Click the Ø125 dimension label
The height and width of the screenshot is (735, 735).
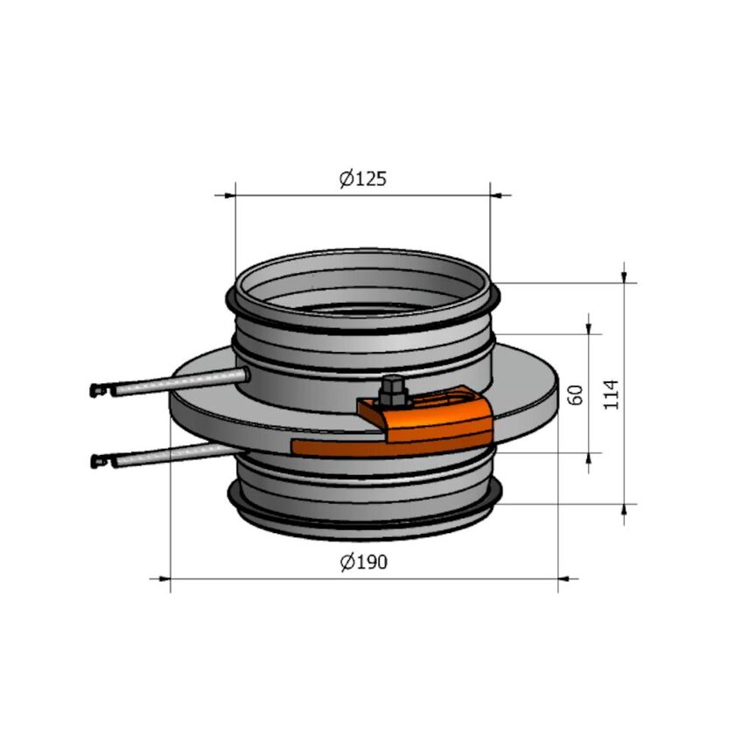[x=363, y=178]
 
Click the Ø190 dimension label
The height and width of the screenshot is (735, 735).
[x=363, y=562]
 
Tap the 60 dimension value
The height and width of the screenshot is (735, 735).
[x=576, y=393]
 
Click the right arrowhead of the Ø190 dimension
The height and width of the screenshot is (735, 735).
[x=568, y=578]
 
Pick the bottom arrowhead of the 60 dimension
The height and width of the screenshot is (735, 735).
[x=591, y=460]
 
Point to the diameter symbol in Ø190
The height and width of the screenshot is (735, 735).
[x=346, y=562]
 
